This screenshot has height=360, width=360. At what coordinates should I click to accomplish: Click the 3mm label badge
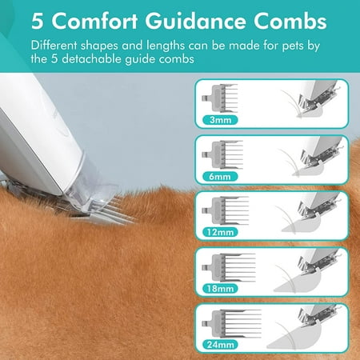click(x=220, y=120)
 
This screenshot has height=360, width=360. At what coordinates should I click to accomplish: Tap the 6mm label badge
click(x=220, y=177)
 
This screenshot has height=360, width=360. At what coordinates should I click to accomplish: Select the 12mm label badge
click(x=220, y=232)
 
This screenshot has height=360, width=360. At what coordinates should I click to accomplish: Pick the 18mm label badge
click(x=220, y=289)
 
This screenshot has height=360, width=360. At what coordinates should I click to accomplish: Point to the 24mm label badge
click(x=220, y=345)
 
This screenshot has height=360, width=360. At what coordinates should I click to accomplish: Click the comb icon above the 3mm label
click(x=220, y=98)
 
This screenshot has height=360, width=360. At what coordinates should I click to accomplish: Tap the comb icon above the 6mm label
click(x=222, y=155)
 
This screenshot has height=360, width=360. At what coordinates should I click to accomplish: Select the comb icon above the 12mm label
click(x=226, y=211)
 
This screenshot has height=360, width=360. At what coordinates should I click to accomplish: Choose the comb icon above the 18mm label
click(x=229, y=267)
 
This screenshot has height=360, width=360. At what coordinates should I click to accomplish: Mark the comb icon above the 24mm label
click(x=231, y=324)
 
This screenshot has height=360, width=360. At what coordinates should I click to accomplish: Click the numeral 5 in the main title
click(x=37, y=22)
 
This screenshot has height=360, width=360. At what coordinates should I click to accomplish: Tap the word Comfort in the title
click(x=94, y=22)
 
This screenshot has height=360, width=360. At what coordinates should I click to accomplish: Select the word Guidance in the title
click(x=195, y=22)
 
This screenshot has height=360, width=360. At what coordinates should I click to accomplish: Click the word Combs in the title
click(x=290, y=22)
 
